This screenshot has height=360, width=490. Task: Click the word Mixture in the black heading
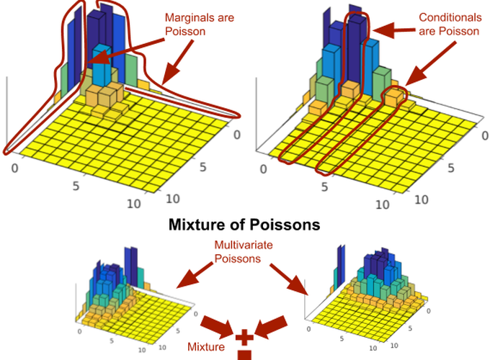point(198,224)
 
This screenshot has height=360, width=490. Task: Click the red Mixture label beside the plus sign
point(206,347)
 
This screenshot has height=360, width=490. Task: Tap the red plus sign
point(246,336)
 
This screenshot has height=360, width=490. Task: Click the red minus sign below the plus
point(246,354)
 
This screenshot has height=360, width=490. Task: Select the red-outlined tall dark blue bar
point(355,50)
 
